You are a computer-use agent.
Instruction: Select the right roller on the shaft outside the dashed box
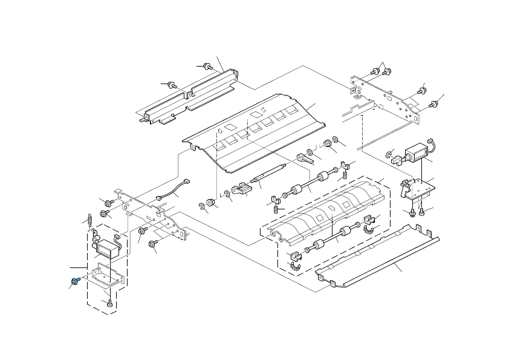pyautogui.click(x=323, y=177)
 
